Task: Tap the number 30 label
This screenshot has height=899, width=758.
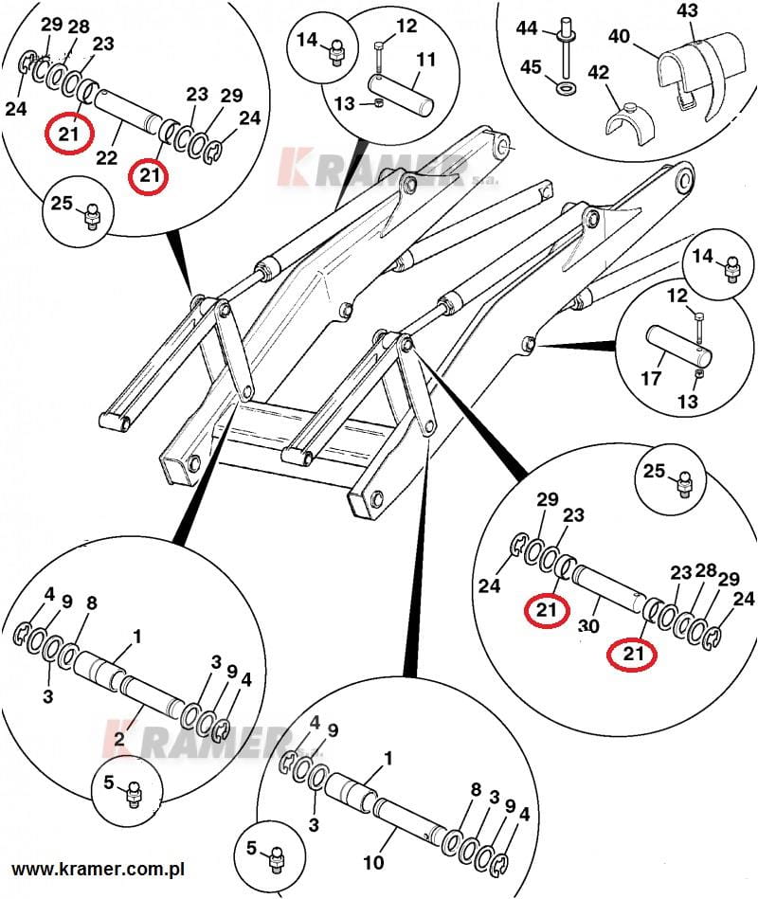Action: [587, 627]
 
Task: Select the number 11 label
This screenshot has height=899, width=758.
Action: [425, 59]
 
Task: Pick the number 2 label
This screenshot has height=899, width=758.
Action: [120, 738]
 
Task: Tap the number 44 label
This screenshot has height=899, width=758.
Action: [527, 29]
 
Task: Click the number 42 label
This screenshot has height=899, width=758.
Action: [598, 72]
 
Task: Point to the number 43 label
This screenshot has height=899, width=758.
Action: [687, 10]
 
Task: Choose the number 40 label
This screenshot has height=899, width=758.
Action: [619, 36]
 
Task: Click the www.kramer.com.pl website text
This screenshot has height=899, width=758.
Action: [98, 869]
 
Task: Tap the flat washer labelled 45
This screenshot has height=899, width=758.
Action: [567, 88]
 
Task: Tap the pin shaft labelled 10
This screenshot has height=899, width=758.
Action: [404, 822]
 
